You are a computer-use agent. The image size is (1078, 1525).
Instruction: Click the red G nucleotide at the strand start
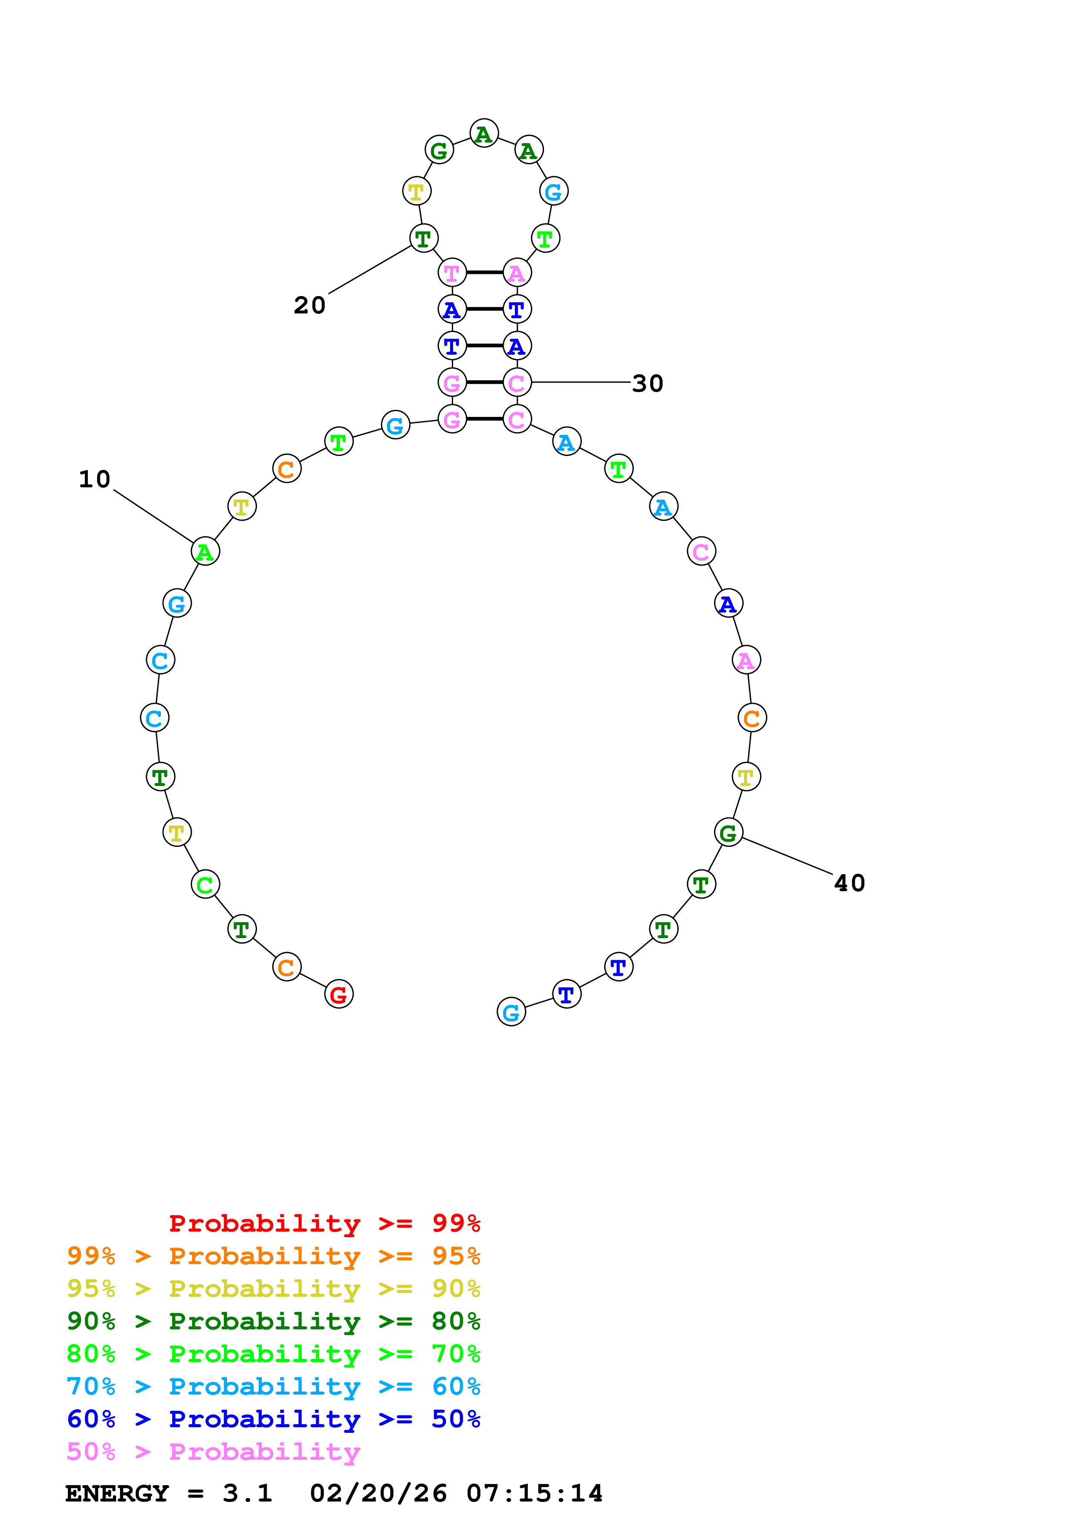339,994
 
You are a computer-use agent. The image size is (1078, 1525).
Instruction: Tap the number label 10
94,479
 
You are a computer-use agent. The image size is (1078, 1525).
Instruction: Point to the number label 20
310,306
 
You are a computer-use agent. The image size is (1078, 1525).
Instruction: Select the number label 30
647,383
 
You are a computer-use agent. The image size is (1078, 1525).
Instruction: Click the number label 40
850,883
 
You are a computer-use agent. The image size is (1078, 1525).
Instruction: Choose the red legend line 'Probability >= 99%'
324,1223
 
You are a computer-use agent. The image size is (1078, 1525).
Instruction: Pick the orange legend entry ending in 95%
273,1256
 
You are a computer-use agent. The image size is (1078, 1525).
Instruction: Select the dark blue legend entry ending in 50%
273,1419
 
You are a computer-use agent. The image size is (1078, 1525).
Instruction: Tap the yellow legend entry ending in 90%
273,1289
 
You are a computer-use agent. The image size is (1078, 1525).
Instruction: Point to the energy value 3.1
247,1493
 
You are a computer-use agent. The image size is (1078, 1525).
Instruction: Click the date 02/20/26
378,1493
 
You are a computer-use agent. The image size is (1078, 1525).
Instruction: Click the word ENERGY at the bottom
117,1493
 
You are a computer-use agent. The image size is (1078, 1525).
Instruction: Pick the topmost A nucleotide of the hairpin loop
484,133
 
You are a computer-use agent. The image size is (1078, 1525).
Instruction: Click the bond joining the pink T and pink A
484,272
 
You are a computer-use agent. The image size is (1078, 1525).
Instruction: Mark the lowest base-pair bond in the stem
484,419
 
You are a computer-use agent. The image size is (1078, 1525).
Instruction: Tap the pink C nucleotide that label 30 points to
517,383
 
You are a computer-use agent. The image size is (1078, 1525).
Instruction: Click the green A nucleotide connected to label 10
205,551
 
